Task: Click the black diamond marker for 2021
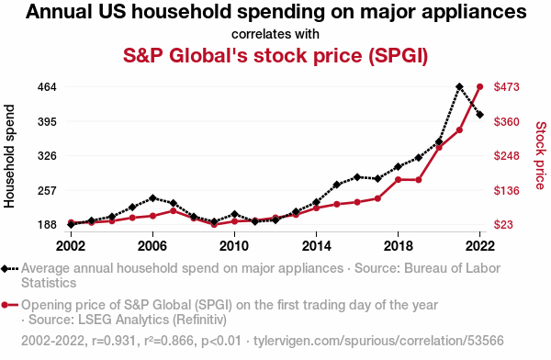coord(459,87)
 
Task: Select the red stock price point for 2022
coord(479,87)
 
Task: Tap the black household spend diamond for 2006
coord(152,198)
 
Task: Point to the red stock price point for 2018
coord(398,180)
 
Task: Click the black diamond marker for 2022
coord(479,115)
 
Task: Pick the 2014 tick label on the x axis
coord(316,246)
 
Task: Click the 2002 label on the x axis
coord(71,246)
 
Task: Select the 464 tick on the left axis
coord(47,87)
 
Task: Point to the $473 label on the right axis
coord(506,87)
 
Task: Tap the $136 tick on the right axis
coord(506,190)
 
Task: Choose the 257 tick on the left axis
coord(47,190)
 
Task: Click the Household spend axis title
coord(9,156)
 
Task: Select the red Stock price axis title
coord(541,155)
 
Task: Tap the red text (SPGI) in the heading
coord(399,55)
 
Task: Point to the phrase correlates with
coord(275,34)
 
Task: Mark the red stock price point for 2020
coord(439,147)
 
